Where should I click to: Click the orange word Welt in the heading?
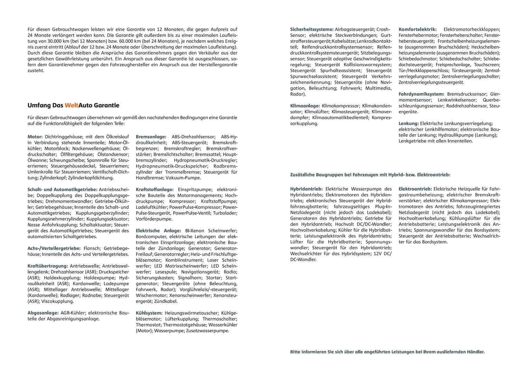tap(72, 105)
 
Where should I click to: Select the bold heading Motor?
tap(35, 137)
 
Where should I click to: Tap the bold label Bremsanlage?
tap(151, 137)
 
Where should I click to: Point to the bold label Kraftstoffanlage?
tap(154, 190)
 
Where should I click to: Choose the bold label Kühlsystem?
tap(149, 313)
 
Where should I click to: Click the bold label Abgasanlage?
tap(43, 313)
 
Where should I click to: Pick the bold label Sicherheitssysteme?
tap(312, 29)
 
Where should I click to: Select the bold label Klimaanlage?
tap(305, 106)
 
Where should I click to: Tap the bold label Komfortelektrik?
tap(417, 29)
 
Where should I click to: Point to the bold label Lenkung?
tap(408, 124)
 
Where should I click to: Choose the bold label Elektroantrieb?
tap(415, 189)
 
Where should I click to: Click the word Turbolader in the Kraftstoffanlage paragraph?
tap(225, 213)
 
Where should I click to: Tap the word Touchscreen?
tap(487, 65)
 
